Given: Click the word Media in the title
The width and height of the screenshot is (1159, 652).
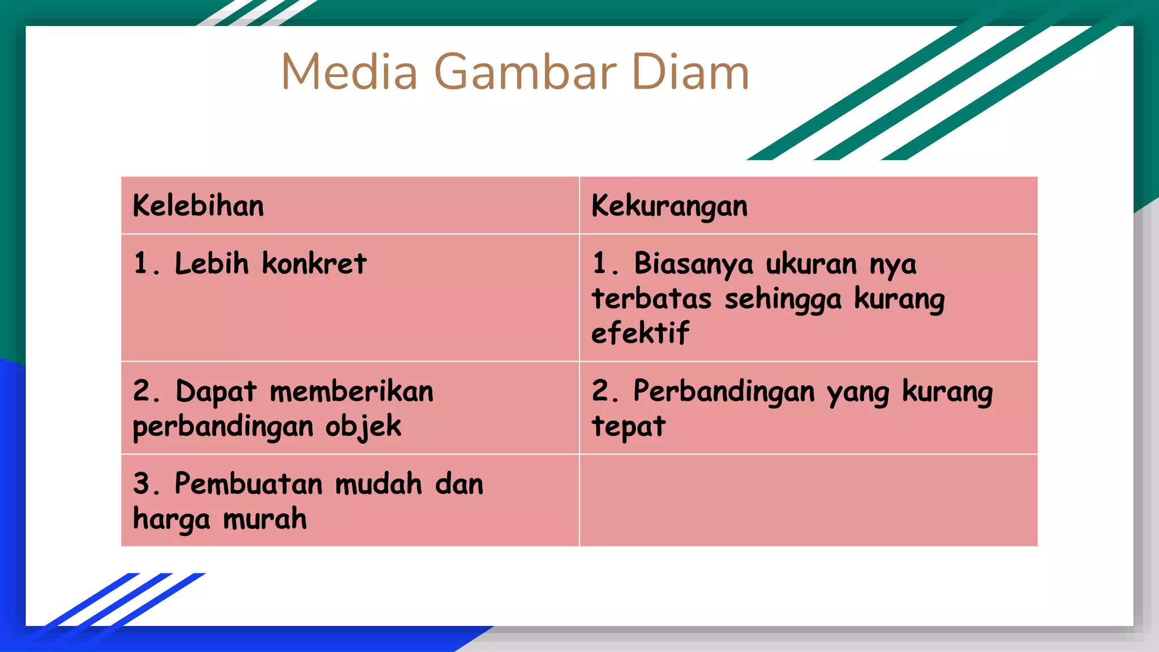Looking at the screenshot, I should point(349,72).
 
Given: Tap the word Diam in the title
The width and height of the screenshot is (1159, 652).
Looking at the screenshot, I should point(690,72).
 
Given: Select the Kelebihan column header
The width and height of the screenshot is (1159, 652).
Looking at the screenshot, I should point(198,205).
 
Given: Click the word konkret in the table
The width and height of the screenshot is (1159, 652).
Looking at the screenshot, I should point(314,264).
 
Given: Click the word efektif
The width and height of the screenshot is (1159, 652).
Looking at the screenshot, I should point(640,333).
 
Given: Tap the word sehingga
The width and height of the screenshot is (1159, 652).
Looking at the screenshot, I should point(783,299).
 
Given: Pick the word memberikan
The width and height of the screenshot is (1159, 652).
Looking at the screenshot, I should point(351,392).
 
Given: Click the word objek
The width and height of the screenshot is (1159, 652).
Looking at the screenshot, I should point(363,427).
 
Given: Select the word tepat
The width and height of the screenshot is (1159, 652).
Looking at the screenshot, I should point(629,427).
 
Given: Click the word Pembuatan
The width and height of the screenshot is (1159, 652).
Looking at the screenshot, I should point(248,484).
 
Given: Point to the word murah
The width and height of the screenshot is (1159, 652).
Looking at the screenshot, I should point(265,519).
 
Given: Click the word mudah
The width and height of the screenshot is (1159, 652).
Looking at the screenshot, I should point(379,484).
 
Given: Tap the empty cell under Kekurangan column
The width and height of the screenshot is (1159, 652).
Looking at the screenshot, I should point(808,500).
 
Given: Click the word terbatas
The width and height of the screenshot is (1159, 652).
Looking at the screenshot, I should point(651,299).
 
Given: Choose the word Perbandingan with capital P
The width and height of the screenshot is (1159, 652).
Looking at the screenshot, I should point(724,392).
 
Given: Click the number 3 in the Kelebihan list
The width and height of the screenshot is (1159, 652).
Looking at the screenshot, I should point(142,484).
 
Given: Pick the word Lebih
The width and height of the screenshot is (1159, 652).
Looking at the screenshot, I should point(212,264).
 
